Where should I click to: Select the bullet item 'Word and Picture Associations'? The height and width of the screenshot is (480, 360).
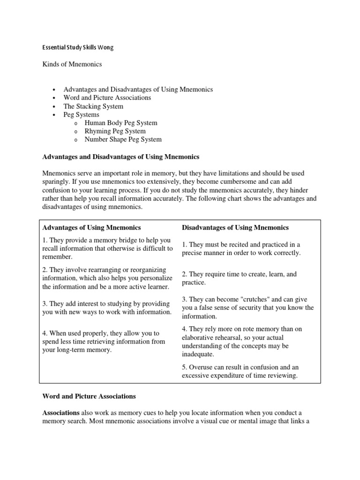[x=107, y=97]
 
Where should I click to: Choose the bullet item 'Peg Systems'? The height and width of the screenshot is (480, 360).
[x=81, y=114]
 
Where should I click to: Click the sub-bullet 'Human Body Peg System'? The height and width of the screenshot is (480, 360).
[x=121, y=123]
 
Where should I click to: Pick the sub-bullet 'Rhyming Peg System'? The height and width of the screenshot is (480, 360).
[x=115, y=131]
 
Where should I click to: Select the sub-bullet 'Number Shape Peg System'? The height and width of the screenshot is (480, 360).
[x=123, y=139]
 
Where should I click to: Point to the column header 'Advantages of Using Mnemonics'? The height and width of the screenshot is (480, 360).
[x=91, y=227]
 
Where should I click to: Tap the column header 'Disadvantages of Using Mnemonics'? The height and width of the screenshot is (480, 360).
[x=235, y=227]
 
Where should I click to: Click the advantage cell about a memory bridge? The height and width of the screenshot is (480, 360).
[x=107, y=248]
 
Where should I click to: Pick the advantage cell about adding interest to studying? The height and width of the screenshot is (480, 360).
[x=107, y=307]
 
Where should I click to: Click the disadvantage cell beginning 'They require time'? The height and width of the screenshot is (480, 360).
[x=239, y=278]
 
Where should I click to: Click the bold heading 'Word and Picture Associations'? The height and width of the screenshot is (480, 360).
[x=89, y=396]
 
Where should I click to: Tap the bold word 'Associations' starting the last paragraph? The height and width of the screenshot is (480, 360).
[x=61, y=412]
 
